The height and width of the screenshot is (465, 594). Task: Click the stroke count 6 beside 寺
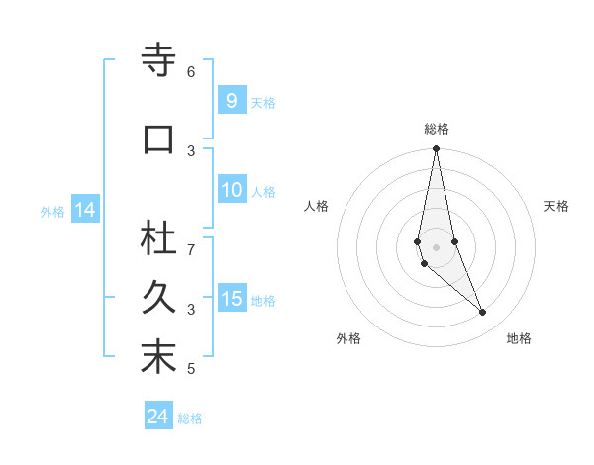pyautogui.click(x=191, y=72)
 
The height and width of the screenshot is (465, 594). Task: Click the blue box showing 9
pyautogui.click(x=231, y=100)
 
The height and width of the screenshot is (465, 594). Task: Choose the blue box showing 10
pyautogui.click(x=231, y=191)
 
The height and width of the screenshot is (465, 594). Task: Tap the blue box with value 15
pyautogui.click(x=231, y=299)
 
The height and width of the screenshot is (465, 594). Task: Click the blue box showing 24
pyautogui.click(x=157, y=417)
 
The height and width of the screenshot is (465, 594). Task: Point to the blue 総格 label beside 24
pyautogui.click(x=190, y=418)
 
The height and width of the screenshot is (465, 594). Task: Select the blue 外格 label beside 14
pyautogui.click(x=52, y=211)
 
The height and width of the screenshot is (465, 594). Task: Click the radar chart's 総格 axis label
pyautogui.click(x=437, y=129)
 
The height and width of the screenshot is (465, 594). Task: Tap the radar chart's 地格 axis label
pyautogui.click(x=519, y=338)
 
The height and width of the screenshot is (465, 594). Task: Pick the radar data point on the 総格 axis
pyautogui.click(x=437, y=149)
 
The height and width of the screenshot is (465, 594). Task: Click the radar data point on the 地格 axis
pyautogui.click(x=483, y=312)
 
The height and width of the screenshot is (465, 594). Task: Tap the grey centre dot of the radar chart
pyautogui.click(x=437, y=246)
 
